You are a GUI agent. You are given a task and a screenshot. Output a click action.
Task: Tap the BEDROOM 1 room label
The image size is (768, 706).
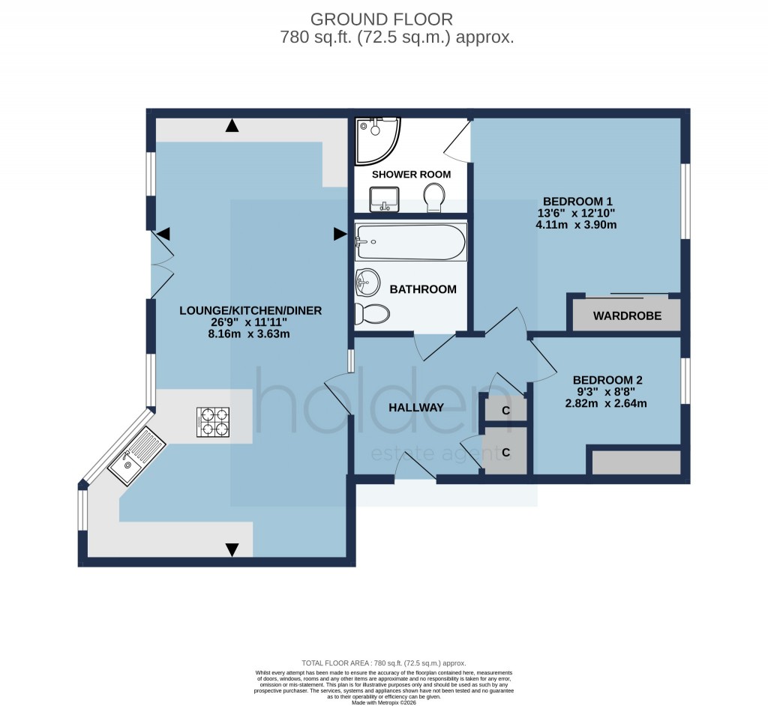coord(578,201)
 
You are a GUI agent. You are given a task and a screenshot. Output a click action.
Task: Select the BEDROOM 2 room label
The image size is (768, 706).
coord(607,380)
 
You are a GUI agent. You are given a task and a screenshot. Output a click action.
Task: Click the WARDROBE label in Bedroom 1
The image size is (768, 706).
coord(627,316)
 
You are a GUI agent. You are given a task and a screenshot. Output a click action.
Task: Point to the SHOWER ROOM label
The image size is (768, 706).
coord(412,174)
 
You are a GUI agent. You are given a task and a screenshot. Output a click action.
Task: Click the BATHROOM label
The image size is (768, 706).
coord(423,289)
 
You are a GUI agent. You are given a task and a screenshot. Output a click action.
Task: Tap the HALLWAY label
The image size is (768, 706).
coord(416,408)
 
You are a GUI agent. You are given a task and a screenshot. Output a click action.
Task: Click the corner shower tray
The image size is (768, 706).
coord(376,139)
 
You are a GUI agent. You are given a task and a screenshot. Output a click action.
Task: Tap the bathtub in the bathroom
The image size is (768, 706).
coord(411,241)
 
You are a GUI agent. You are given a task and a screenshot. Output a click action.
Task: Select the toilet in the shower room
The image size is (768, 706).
coord(434,199)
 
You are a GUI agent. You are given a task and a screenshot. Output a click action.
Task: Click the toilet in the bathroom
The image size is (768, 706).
coord(372,313)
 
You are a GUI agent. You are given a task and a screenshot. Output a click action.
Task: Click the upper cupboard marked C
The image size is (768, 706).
coord(505,411)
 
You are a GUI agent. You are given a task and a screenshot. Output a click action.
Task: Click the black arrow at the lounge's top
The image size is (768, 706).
coord(232,126)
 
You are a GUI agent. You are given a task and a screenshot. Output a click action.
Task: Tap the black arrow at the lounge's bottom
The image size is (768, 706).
coord(232,549)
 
